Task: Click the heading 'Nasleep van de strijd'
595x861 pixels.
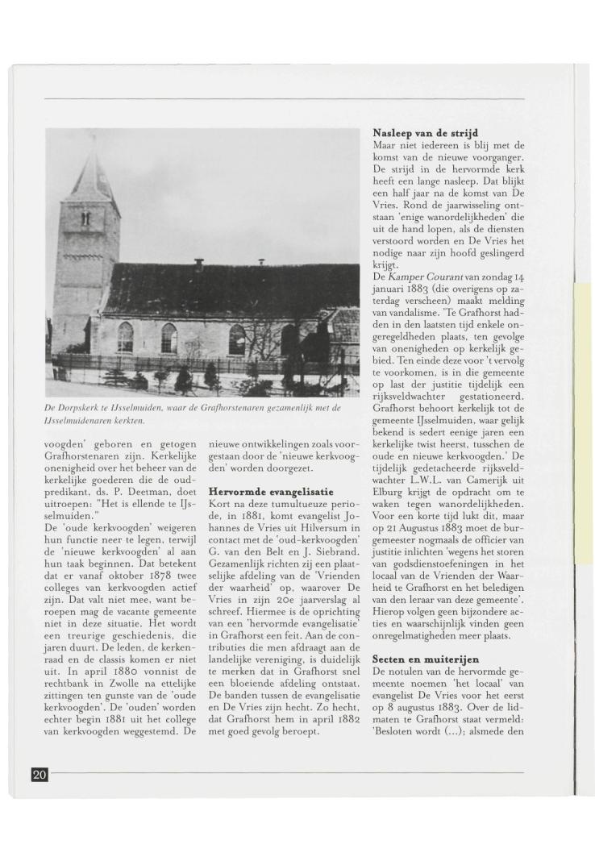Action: click(425, 132)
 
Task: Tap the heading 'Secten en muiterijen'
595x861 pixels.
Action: click(426, 659)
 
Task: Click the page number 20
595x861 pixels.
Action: click(40, 775)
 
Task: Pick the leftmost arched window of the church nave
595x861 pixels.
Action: click(125, 337)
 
